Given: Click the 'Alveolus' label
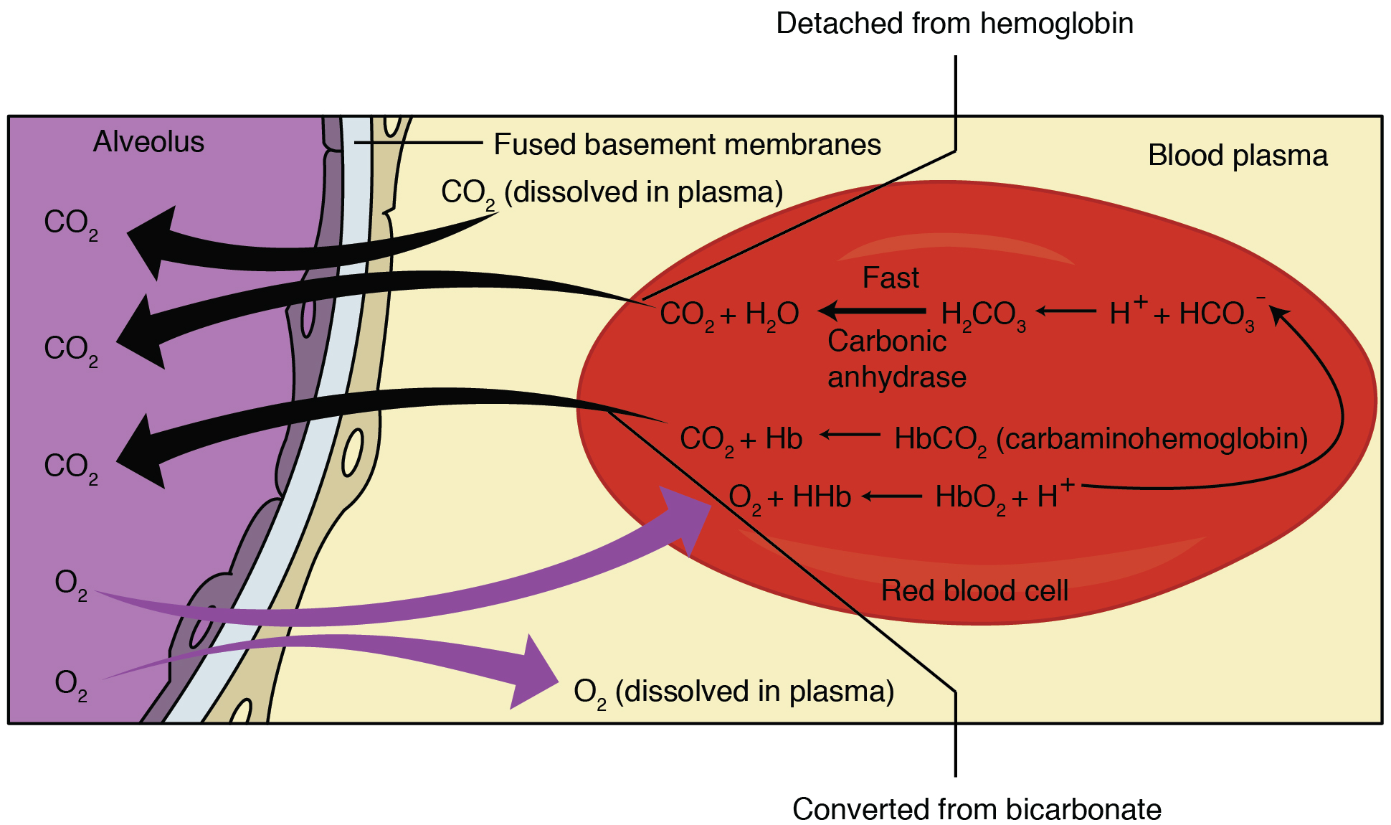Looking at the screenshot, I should pos(148,142).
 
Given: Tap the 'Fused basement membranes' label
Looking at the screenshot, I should pos(687,145).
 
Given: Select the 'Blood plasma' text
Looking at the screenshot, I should pos(1238,156).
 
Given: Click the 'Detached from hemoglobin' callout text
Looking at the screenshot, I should pos(954,24).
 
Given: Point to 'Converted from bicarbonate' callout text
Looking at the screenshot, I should pos(976,809).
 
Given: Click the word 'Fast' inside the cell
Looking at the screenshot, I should pos(890,278).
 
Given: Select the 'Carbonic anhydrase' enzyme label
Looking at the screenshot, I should pos(896,359).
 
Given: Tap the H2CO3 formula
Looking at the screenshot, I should pos(982,315).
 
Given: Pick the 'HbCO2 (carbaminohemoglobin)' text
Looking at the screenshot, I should pos(1101,439).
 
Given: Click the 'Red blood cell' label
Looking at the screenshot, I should pos(974,591).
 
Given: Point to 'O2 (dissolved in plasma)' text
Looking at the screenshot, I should pos(734,692).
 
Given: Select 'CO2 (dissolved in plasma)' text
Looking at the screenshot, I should pos(612,193).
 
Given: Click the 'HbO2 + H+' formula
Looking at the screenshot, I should pos(1003,496).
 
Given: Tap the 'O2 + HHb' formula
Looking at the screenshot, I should pos(789,497).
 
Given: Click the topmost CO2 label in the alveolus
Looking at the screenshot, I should pos(70,223).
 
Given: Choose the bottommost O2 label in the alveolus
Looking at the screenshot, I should pos(70,684).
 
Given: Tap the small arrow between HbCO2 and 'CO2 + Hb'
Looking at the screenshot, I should pos(850,434).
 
